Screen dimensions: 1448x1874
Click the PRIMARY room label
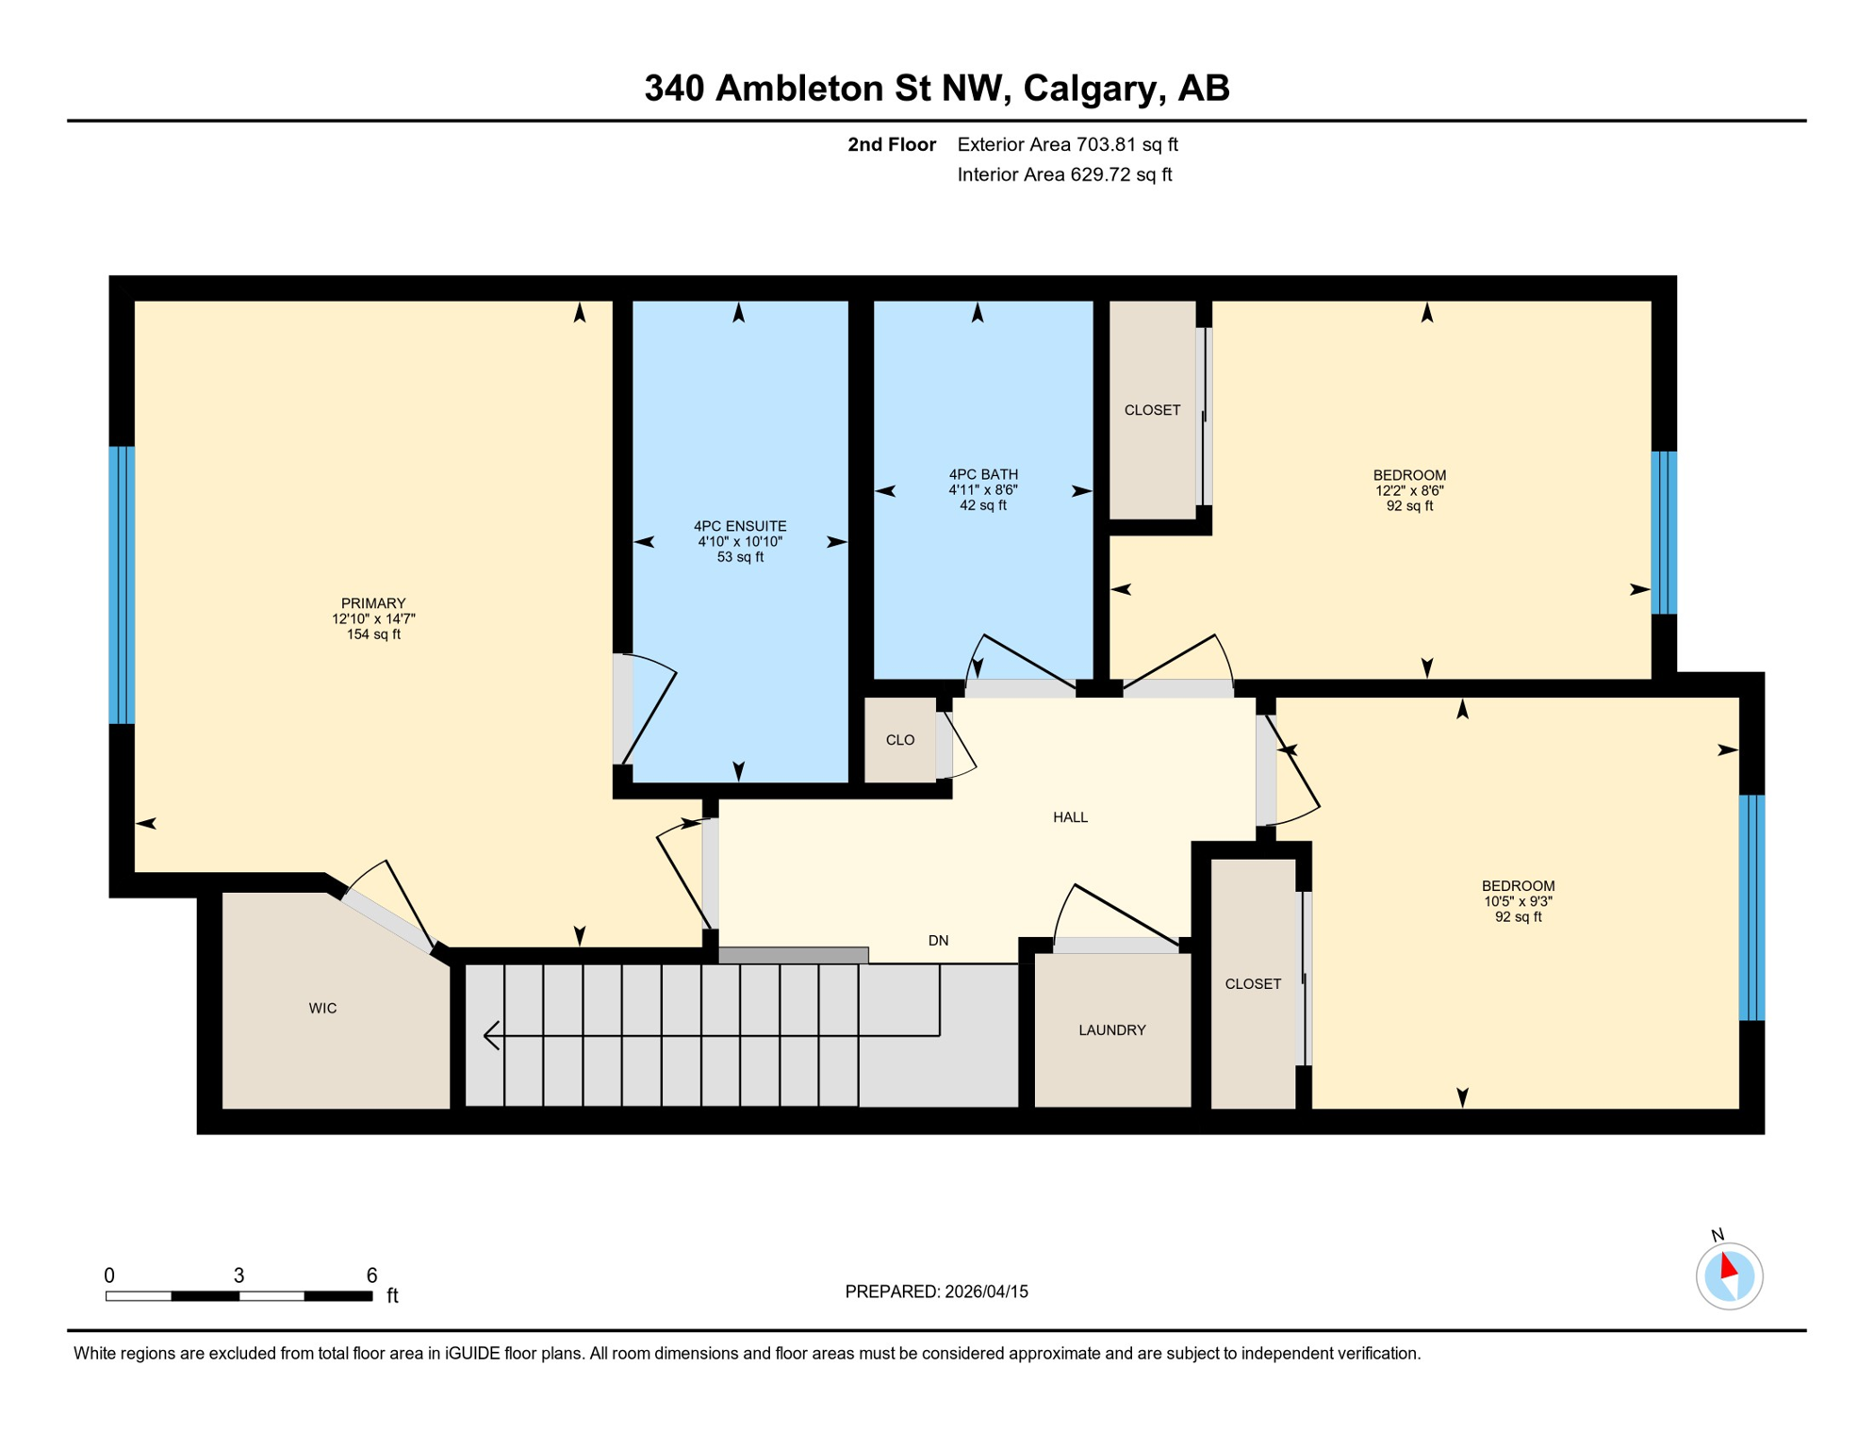coord(373,603)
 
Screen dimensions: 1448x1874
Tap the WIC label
coord(322,1008)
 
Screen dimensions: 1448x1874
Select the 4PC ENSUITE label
coord(740,526)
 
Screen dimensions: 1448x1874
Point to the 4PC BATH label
coord(983,474)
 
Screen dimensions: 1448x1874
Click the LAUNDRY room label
coord(1112,1029)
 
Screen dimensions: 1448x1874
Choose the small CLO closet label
coord(900,740)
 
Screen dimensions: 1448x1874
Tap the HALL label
coord(1070,817)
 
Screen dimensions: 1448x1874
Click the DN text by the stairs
coord(938,941)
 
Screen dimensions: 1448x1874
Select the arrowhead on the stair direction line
coord(490,1035)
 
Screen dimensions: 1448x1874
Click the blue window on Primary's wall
coord(122,584)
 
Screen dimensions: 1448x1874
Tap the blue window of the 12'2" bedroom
coord(1664,533)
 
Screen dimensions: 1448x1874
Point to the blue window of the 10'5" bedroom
coord(1751,908)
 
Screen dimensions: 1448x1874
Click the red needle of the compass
coord(1728,1265)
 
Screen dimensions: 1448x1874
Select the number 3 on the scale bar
coord(239,1275)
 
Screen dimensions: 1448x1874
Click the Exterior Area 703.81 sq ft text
coord(1067,144)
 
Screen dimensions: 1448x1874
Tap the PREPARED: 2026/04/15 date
coord(936,1292)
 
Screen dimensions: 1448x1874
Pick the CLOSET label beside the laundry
coord(1253,983)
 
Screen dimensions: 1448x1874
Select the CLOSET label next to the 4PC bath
coord(1152,410)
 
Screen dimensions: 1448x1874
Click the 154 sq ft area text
coord(373,634)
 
